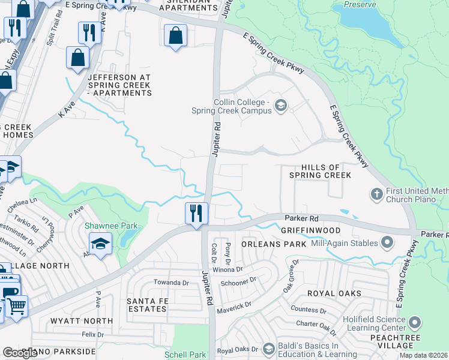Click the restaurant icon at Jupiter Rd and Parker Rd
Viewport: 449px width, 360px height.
[x=196, y=214]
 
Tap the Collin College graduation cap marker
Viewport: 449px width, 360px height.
[x=280, y=106]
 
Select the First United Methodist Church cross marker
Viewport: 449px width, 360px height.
[x=376, y=194]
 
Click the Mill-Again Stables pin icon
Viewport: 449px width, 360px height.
[x=387, y=243]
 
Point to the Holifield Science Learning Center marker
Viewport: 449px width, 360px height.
[x=414, y=324]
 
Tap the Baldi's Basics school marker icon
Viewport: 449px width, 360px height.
[x=268, y=349]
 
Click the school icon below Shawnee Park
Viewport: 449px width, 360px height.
[x=100, y=244]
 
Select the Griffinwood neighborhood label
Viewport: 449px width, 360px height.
[x=310, y=230]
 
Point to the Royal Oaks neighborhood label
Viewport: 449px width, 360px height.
[x=334, y=293]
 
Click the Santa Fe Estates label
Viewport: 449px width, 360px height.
[x=146, y=304]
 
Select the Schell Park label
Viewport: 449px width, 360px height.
[x=185, y=355]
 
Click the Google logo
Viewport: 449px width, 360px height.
[x=19, y=353]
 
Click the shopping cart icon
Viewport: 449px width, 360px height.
[x=16, y=306]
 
